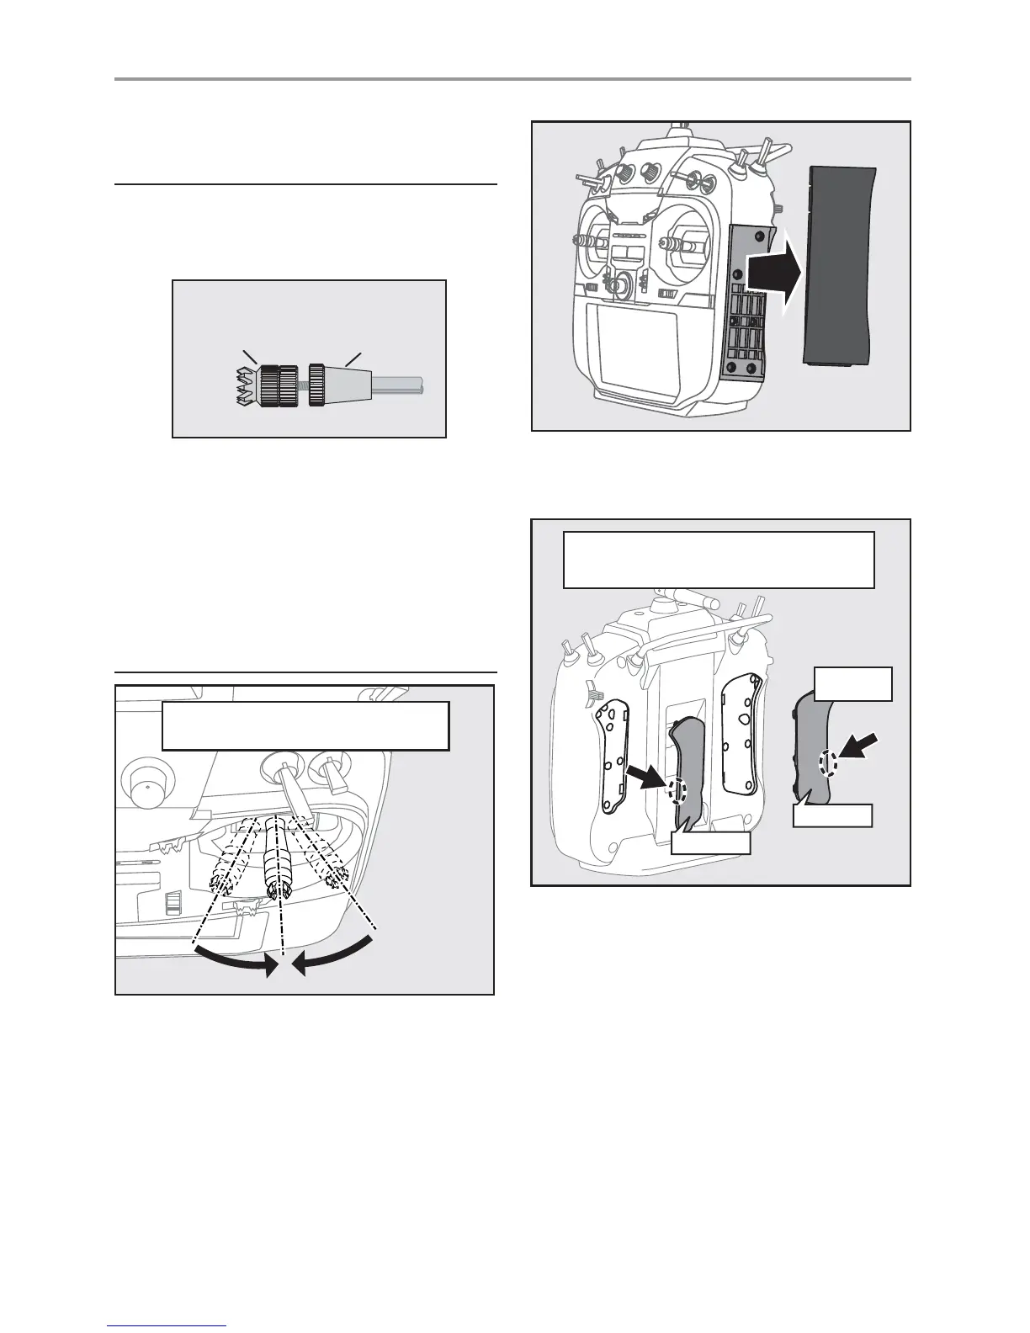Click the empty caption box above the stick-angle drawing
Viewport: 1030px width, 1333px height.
pos(305,725)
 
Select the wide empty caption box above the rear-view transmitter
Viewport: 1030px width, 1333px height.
pos(718,559)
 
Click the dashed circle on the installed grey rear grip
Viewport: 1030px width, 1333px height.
pos(677,789)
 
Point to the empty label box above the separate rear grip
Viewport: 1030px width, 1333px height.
pos(853,684)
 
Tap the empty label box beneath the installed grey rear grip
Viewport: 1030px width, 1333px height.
pos(710,843)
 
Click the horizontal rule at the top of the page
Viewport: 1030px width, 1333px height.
pos(512,79)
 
